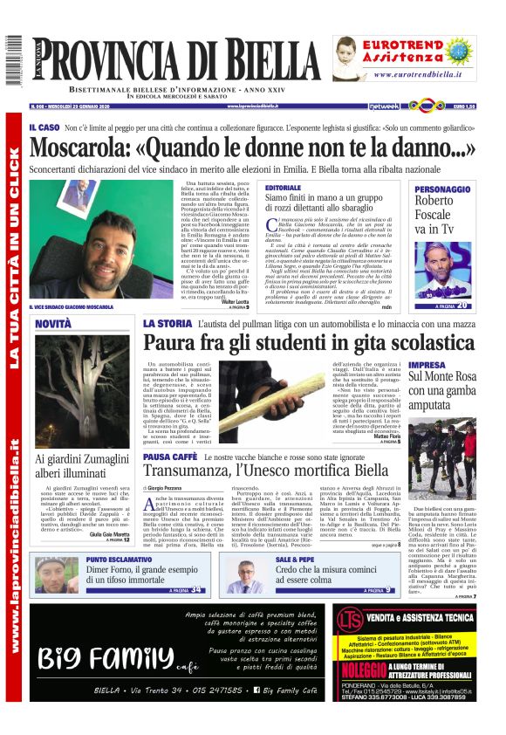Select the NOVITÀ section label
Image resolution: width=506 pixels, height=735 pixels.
point(53,325)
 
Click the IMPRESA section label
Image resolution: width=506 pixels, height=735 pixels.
point(427,365)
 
